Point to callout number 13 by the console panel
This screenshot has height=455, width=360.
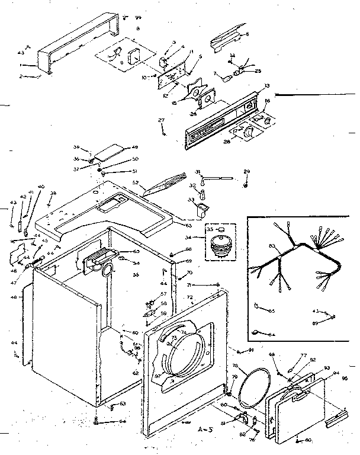pyautogui.click(x=267, y=86)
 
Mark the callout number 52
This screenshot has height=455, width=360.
pyautogui.click(x=135, y=182)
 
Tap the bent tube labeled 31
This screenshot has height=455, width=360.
pyautogui.click(x=218, y=176)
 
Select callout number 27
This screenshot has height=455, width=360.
pyautogui.click(x=161, y=120)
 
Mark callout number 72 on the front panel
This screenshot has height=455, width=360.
pyautogui.click(x=190, y=296)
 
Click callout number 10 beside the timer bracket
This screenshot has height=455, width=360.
pyautogui.click(x=144, y=78)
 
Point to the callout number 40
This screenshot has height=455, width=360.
pyautogui.click(x=41, y=187)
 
